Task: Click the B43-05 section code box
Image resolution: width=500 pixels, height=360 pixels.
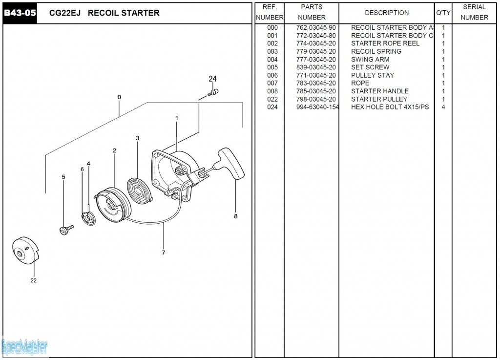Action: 20,13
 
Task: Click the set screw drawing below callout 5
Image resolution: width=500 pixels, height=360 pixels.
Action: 65,229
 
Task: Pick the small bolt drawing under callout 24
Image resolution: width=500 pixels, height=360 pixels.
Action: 214,92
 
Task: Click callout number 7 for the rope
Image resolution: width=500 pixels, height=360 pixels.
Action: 164,253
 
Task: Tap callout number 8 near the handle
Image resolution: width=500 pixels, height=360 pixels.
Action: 236,216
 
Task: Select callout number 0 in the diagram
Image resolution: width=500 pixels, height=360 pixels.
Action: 119,97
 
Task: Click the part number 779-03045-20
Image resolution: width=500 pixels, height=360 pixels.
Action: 316,52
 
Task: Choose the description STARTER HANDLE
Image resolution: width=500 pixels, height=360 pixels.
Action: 380,91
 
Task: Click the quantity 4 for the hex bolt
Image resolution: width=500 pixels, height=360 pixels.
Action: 443,107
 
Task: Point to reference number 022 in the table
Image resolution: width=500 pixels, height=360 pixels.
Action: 272,99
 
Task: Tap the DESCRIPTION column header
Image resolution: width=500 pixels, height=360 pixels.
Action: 387,13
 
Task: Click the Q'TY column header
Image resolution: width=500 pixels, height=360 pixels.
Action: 443,13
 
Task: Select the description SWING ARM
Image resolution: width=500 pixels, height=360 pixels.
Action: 370,60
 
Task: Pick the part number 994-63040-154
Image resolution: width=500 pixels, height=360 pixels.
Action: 317,107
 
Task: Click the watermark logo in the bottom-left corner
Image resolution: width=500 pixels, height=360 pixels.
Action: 24,347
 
